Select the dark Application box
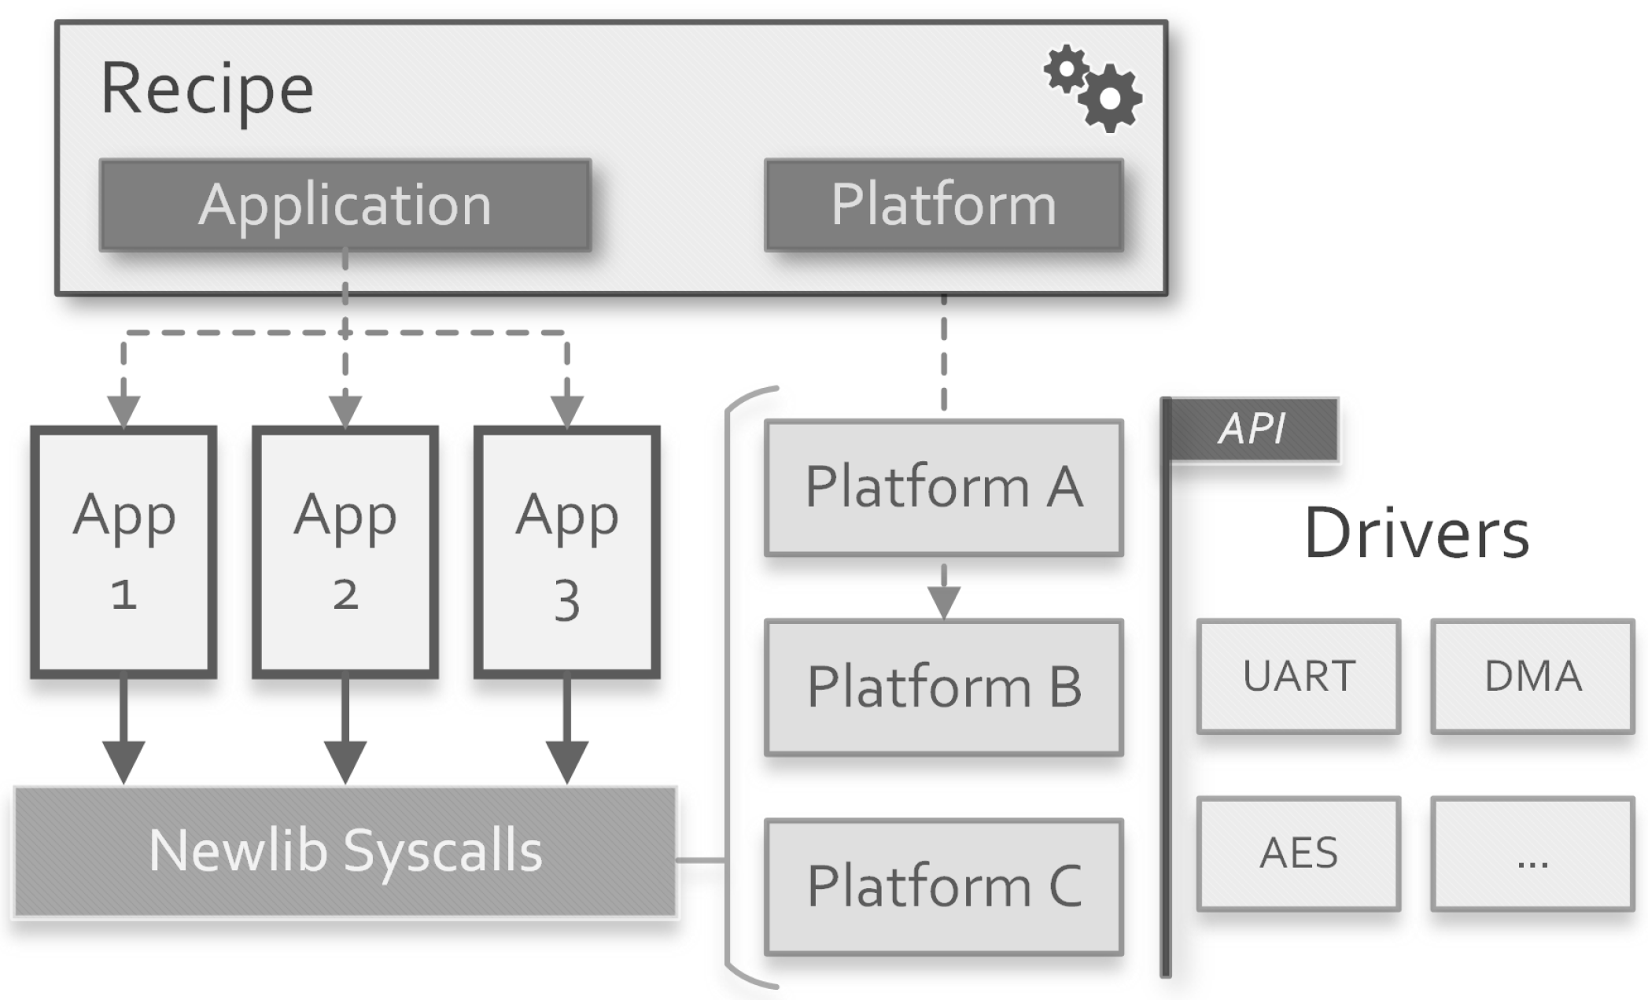(345, 205)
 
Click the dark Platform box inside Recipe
(943, 205)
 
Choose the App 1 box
(124, 552)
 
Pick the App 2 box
(345, 552)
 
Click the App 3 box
(566, 552)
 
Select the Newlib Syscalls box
(345, 851)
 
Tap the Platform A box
(943, 488)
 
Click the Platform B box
(943, 687)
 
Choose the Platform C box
(943, 887)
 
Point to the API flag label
(1253, 430)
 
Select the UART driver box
(1298, 676)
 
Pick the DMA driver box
(1532, 676)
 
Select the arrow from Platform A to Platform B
(943, 592)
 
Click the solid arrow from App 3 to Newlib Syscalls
(566, 732)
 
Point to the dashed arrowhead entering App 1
(124, 411)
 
